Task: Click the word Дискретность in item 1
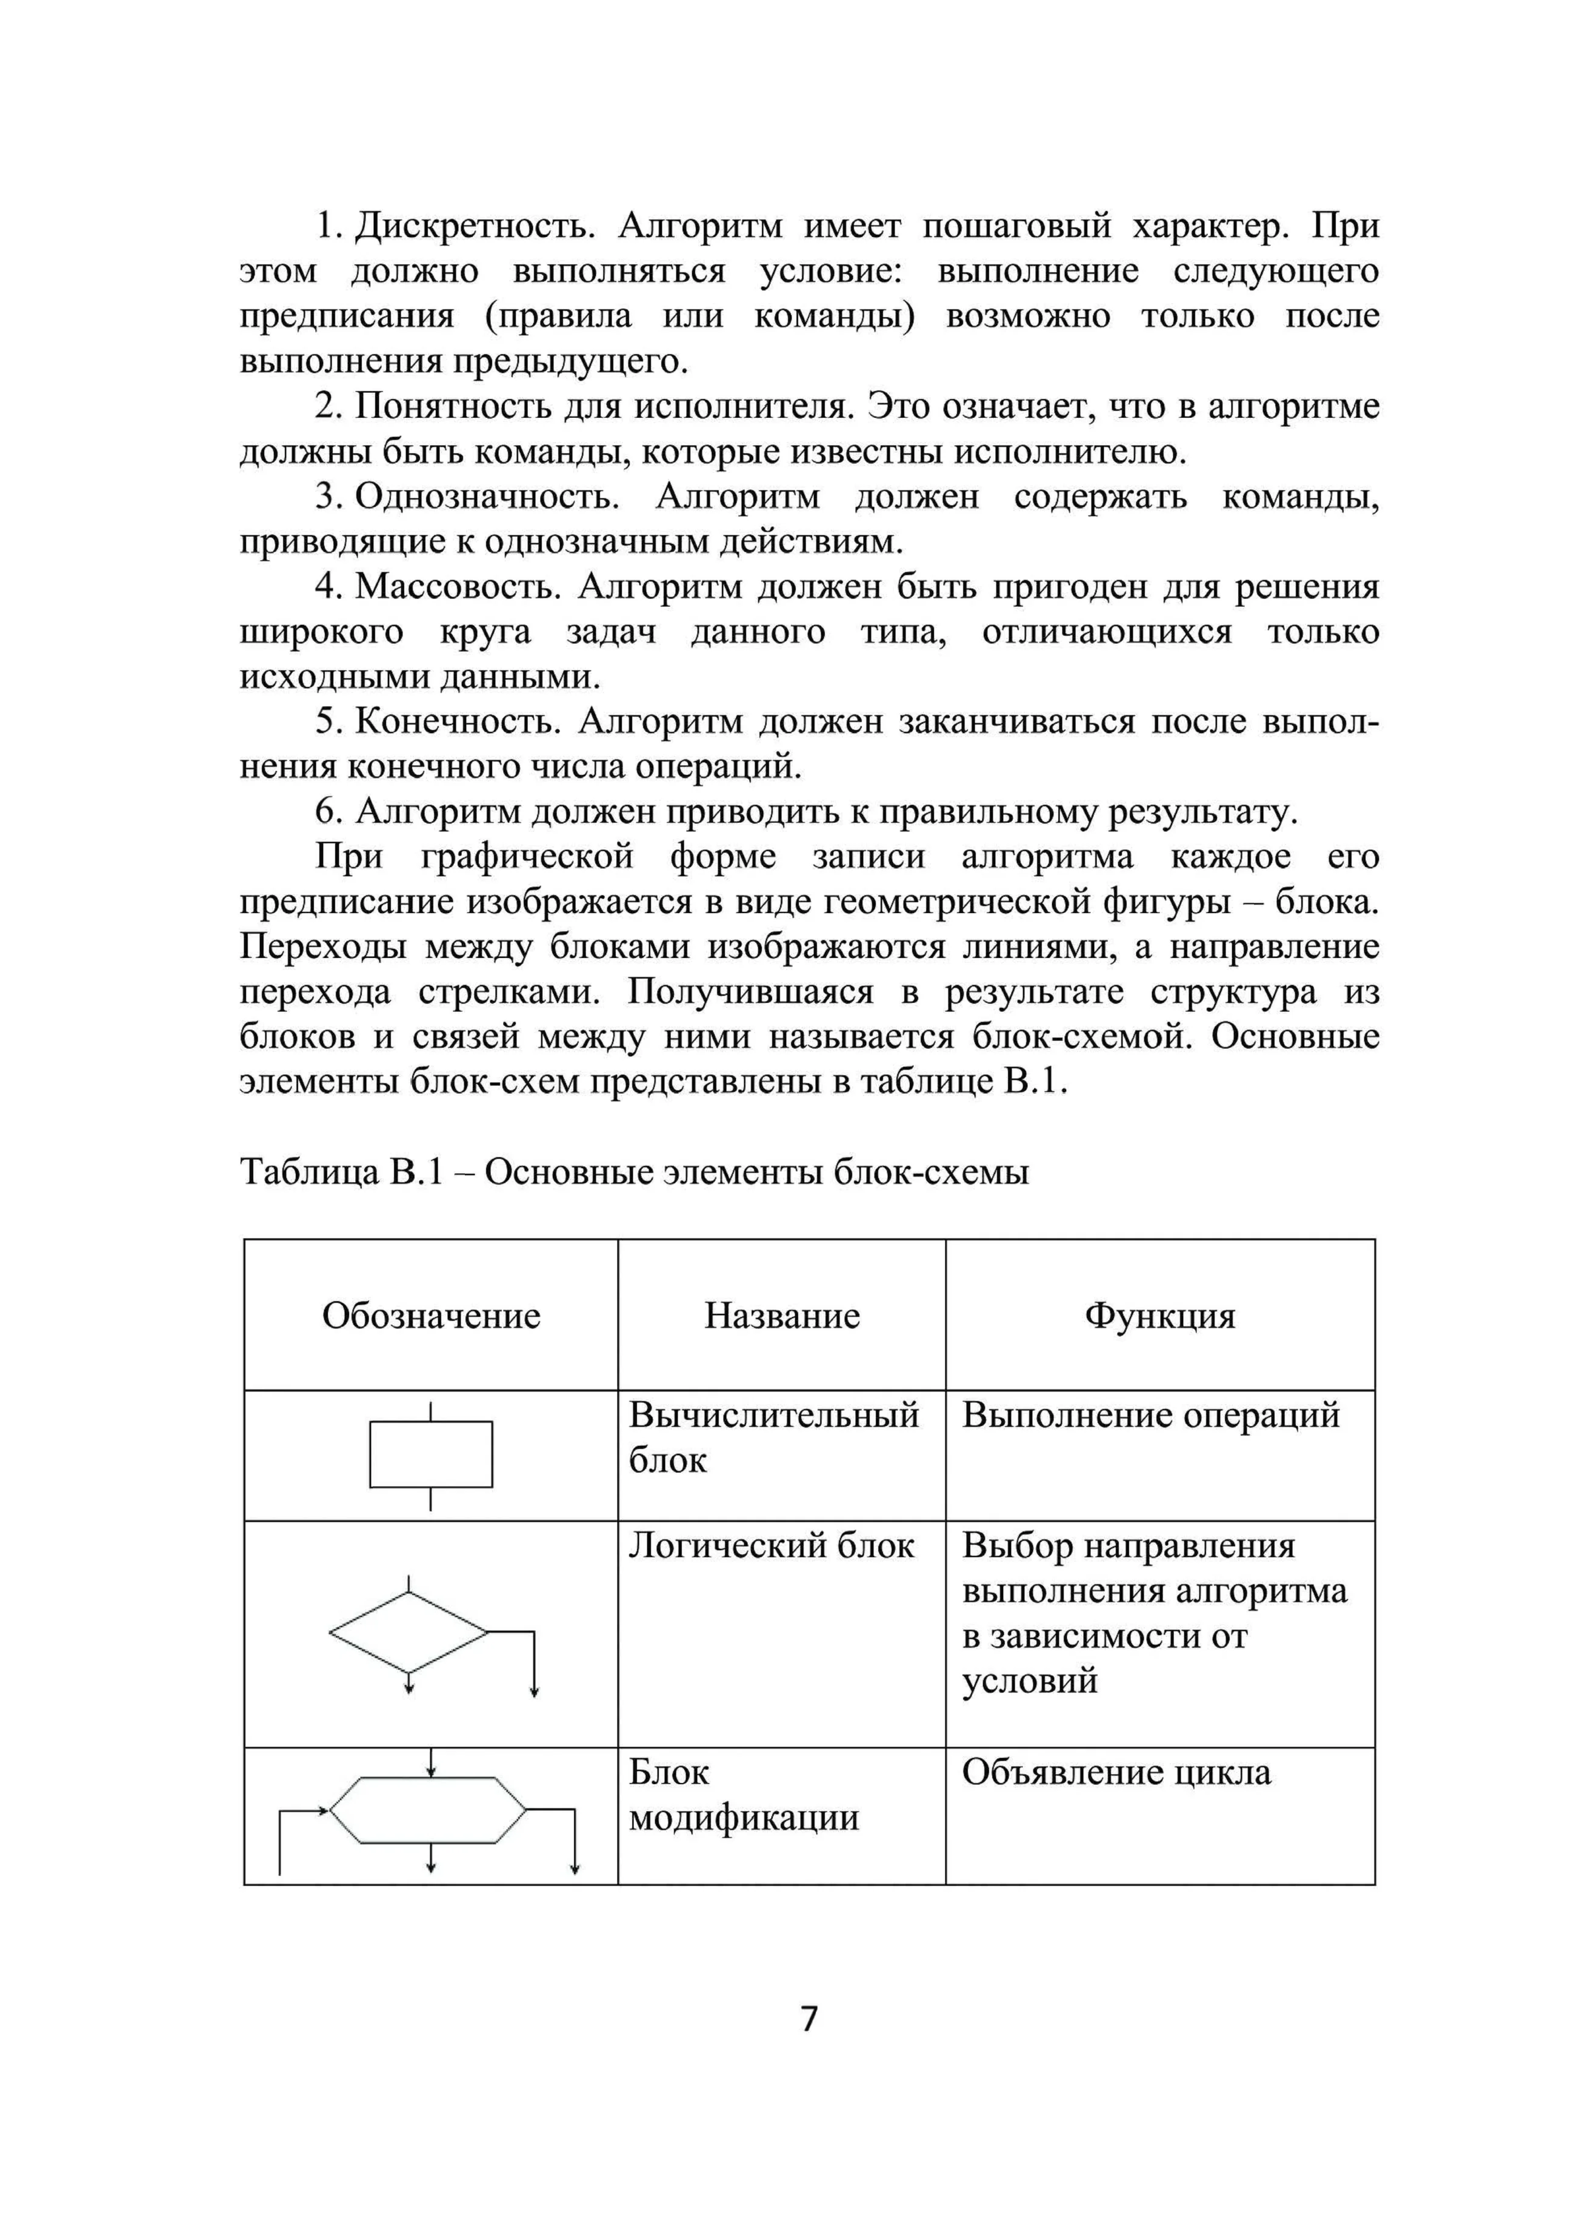coord(473,227)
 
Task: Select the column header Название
coord(782,1316)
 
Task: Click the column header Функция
coord(1160,1316)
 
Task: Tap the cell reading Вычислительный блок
coord(773,1438)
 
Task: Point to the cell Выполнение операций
coord(1150,1416)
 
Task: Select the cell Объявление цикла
coord(1115,1773)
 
